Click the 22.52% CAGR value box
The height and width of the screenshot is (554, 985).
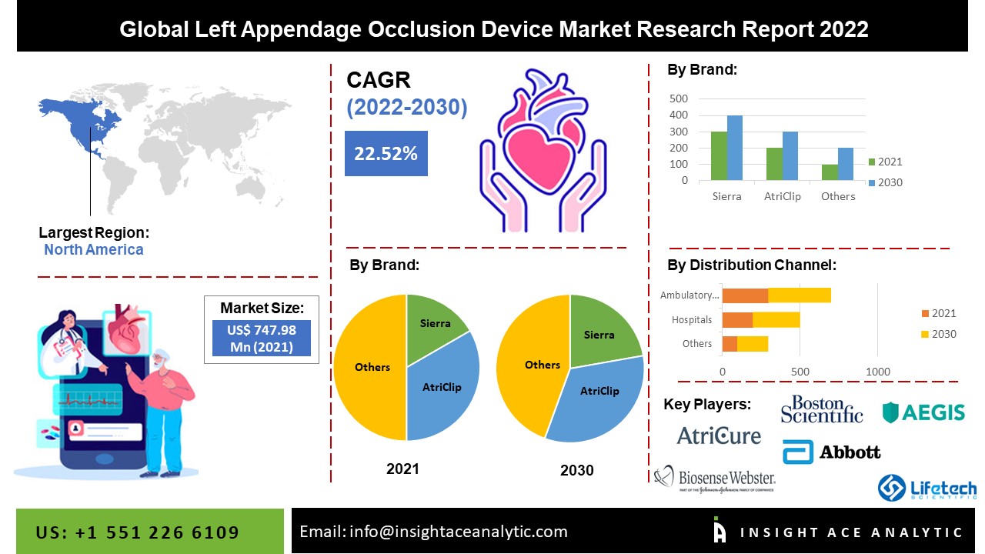tap(386, 153)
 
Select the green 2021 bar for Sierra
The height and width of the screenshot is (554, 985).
tap(718, 156)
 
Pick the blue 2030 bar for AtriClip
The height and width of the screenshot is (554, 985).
tap(790, 156)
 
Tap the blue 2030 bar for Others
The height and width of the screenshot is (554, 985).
tap(846, 165)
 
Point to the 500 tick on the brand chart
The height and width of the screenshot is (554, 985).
tap(679, 98)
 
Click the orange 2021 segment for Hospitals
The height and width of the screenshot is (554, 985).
tap(737, 319)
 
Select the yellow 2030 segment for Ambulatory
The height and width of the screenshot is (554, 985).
tap(800, 295)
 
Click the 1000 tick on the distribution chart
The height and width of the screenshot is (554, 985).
tap(878, 372)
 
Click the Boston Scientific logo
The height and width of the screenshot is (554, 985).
tap(821, 409)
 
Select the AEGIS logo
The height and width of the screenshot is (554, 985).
tap(923, 412)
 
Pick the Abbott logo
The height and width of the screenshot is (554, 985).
tap(832, 452)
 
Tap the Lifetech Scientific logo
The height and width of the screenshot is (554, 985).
tap(927, 488)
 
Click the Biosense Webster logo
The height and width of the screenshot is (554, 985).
tap(715, 479)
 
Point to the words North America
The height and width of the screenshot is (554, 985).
tap(93, 249)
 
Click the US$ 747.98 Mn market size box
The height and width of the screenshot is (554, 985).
tap(262, 339)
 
